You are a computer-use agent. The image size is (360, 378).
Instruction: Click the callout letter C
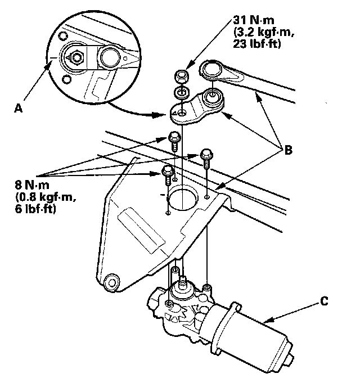coord(323,301)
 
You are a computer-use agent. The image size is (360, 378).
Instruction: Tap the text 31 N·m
coord(250,19)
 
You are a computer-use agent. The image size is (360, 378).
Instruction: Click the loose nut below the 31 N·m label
coord(181,74)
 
